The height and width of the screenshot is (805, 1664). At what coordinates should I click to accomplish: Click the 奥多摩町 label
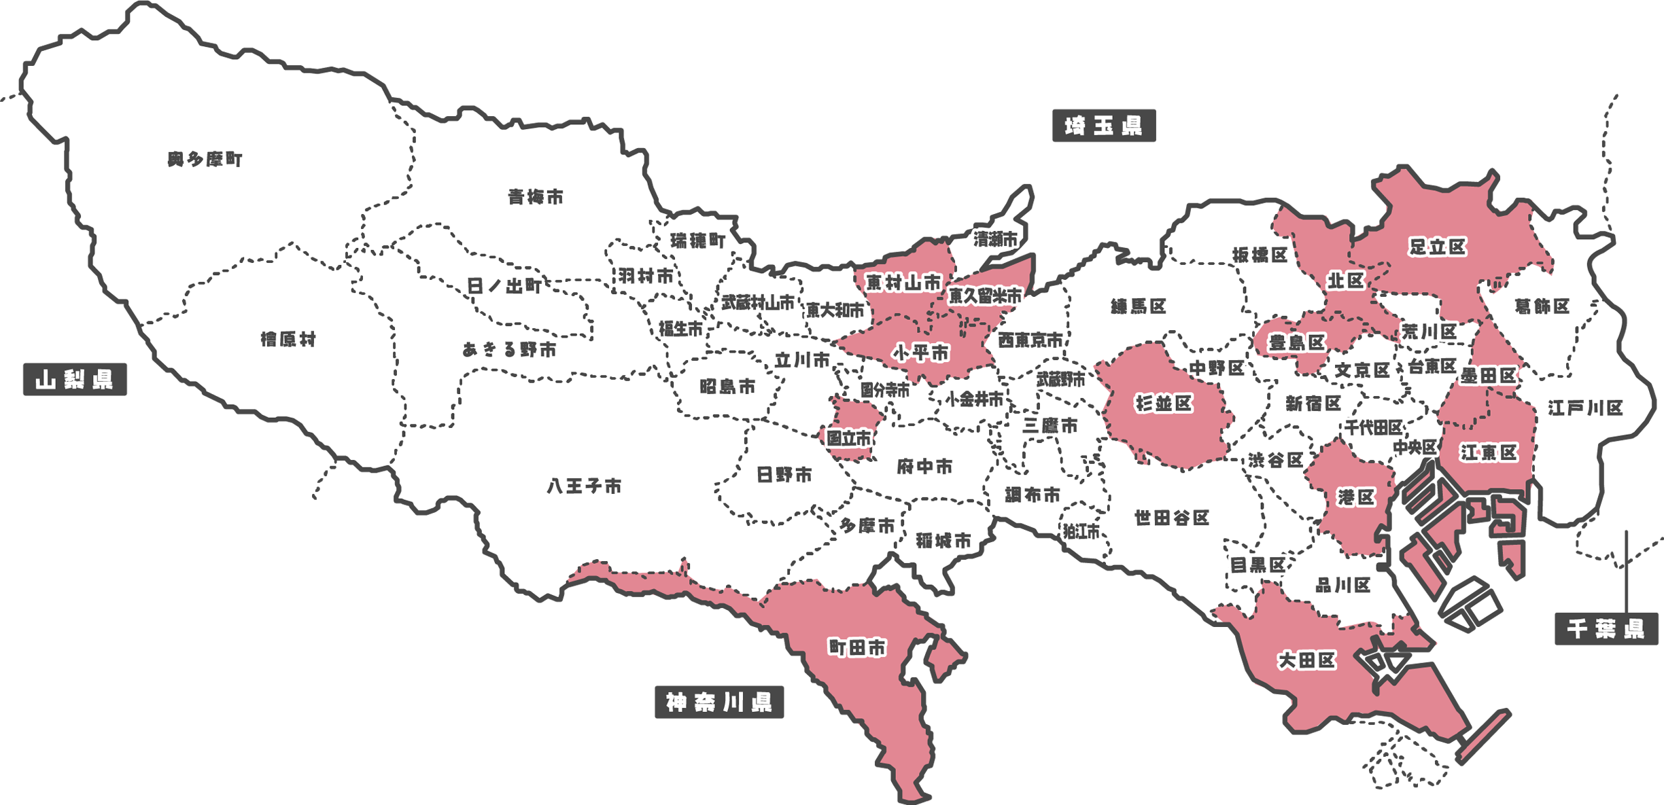coord(205,160)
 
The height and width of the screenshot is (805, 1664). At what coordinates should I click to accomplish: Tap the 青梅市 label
coord(536,198)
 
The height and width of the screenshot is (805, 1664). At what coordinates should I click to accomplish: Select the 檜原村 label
coord(288,339)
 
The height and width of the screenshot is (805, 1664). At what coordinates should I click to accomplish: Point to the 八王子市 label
coord(584,486)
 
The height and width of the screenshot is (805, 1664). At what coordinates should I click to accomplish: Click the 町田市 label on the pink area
coord(857,648)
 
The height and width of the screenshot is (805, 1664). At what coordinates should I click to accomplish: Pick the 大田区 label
coord(1306,660)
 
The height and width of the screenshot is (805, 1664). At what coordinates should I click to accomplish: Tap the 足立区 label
coord(1437,247)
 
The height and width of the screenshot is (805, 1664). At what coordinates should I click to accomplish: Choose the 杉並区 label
coord(1164,404)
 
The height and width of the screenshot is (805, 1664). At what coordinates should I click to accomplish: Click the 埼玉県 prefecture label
coord(1103,126)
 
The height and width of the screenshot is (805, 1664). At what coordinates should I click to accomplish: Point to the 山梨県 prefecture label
coord(74,380)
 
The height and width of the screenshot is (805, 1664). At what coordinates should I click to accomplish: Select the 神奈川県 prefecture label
coord(718,702)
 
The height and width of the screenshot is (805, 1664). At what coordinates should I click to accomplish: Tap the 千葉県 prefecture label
coord(1606,629)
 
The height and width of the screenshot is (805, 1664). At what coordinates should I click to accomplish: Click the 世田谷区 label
coord(1172,518)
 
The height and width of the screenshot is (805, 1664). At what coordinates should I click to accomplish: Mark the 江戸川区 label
coord(1585,408)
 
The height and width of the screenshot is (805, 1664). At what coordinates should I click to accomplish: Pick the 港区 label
coord(1356,497)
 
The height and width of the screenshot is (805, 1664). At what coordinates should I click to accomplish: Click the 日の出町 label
coord(504,286)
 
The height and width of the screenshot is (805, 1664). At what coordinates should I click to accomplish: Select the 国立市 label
coord(848,438)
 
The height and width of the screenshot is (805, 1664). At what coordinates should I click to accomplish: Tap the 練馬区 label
coord(1139,306)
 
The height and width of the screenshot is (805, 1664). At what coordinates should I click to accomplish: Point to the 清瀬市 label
coord(995,239)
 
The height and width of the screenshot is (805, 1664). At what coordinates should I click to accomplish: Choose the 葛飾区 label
coord(1542,306)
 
